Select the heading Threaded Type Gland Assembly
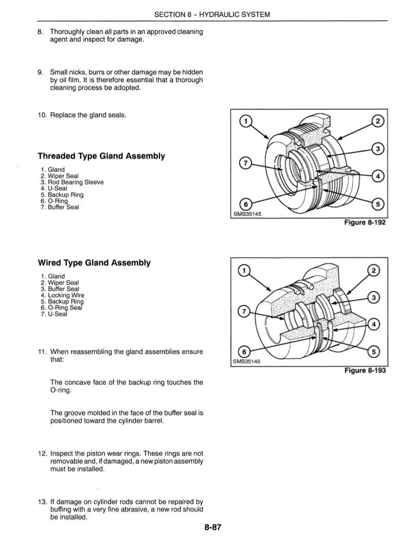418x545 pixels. (101, 156)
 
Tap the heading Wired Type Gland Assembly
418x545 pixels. (94, 263)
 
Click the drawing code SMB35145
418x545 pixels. (248, 215)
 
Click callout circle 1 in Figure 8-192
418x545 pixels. (246, 121)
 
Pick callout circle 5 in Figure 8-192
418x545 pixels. (378, 204)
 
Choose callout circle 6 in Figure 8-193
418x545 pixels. (246, 352)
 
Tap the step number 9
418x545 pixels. (41, 72)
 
